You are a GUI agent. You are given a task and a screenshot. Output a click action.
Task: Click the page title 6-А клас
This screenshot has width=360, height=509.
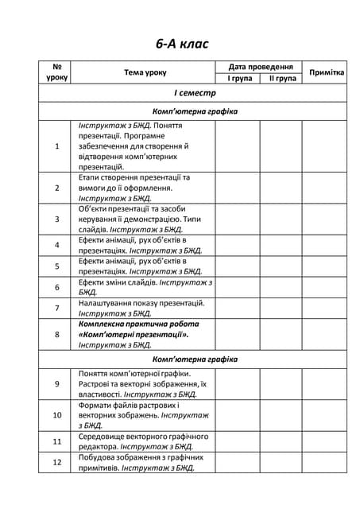pyautogui.click(x=180, y=43)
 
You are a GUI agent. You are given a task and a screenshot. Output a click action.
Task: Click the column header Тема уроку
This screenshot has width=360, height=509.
pyautogui.click(x=145, y=72)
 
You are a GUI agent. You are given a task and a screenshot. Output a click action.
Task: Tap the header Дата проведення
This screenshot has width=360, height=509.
pyautogui.click(x=260, y=68)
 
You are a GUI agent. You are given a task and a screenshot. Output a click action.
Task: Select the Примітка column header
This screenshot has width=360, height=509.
pyautogui.click(x=326, y=72)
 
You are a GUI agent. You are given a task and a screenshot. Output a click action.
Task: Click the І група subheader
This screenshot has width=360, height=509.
pyautogui.click(x=238, y=79)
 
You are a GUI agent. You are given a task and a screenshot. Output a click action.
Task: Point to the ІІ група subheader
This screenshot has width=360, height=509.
pyautogui.click(x=282, y=79)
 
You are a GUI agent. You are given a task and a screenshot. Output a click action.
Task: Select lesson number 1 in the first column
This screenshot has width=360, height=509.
pyautogui.click(x=57, y=146)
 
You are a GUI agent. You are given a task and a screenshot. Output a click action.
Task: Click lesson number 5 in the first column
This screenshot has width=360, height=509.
pyautogui.click(x=57, y=266)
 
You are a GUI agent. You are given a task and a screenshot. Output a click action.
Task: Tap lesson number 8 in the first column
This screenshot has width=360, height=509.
pyautogui.click(x=57, y=335)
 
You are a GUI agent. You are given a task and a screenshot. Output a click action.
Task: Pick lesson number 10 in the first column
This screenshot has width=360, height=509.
pyautogui.click(x=57, y=415)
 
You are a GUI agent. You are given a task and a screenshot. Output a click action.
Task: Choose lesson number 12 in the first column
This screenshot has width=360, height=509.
pyautogui.click(x=57, y=463)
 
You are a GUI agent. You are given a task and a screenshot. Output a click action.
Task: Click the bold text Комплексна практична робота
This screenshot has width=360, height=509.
pyautogui.click(x=138, y=324)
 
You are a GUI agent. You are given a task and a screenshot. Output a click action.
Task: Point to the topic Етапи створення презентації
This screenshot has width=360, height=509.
pyautogui.click(x=134, y=177)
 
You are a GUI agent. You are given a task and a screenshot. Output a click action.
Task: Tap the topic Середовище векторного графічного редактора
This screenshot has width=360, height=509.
pyautogui.click(x=143, y=437)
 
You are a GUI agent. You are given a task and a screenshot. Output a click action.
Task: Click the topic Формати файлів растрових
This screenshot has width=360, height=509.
pyautogui.click(x=129, y=405)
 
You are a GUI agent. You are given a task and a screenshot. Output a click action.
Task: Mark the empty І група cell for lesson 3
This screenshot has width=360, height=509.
pyautogui.click(x=238, y=218)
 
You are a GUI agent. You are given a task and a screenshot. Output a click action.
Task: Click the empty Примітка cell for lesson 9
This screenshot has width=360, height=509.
pyautogui.click(x=326, y=383)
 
